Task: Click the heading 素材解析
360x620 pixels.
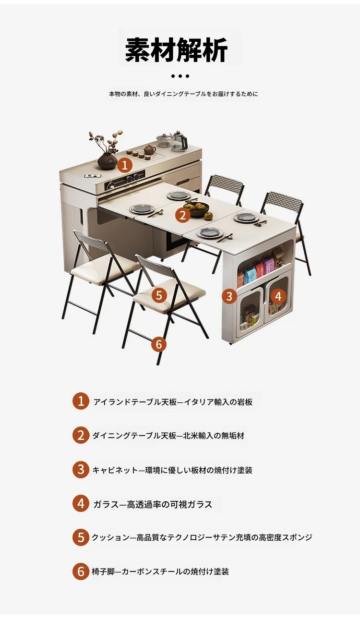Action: coord(176,50)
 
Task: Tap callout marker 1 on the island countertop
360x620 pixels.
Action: coord(125,166)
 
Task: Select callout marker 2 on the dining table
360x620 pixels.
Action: coord(182,215)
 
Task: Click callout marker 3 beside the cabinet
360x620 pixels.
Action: coord(229,296)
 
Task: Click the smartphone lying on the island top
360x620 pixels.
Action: coord(92,175)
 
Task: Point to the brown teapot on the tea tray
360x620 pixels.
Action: coord(149,149)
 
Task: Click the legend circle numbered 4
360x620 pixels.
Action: coord(81,503)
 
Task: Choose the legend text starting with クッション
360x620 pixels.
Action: coord(202,537)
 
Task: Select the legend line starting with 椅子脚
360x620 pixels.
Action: coord(160,571)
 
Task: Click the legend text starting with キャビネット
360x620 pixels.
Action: coord(172,470)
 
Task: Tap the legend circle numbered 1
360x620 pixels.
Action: coord(81,401)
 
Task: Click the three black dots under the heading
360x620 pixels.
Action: coord(180,76)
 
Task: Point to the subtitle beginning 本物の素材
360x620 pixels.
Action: coord(183,94)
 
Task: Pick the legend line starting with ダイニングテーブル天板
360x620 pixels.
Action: coord(168,436)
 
